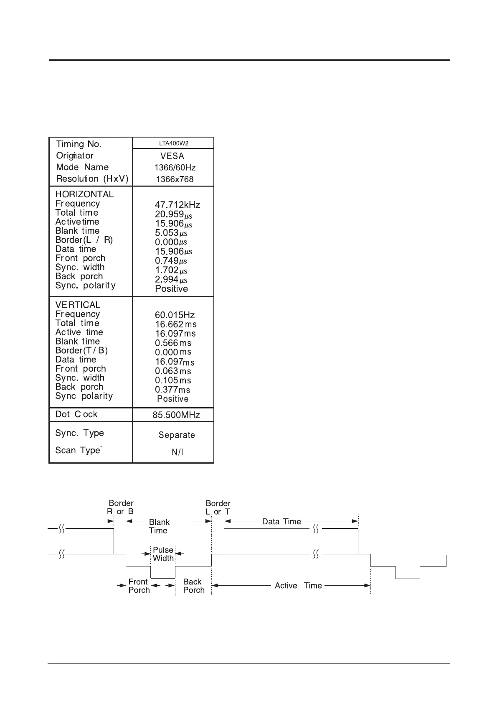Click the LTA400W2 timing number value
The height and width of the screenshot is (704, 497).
(174, 143)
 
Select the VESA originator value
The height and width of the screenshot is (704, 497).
(172, 156)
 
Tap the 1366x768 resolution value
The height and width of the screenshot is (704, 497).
(175, 179)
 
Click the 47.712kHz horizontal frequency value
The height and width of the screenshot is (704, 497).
(177, 205)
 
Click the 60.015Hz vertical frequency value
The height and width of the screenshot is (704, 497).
(175, 315)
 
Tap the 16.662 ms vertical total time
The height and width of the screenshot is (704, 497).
(175, 324)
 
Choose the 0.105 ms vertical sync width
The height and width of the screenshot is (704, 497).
(173, 380)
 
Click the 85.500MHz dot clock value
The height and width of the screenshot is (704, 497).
(176, 415)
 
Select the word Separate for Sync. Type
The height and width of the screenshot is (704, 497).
(177, 435)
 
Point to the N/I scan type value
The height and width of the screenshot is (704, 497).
(177, 452)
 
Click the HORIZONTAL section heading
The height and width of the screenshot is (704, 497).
(84, 194)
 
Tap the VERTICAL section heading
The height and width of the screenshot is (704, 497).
(78, 305)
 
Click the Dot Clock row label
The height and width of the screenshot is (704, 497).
(76, 414)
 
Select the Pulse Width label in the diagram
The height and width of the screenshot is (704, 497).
(163, 554)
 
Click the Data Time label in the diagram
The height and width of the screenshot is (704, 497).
(281, 521)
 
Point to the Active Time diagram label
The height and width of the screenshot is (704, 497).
(298, 586)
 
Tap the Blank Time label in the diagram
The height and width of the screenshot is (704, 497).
(159, 526)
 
